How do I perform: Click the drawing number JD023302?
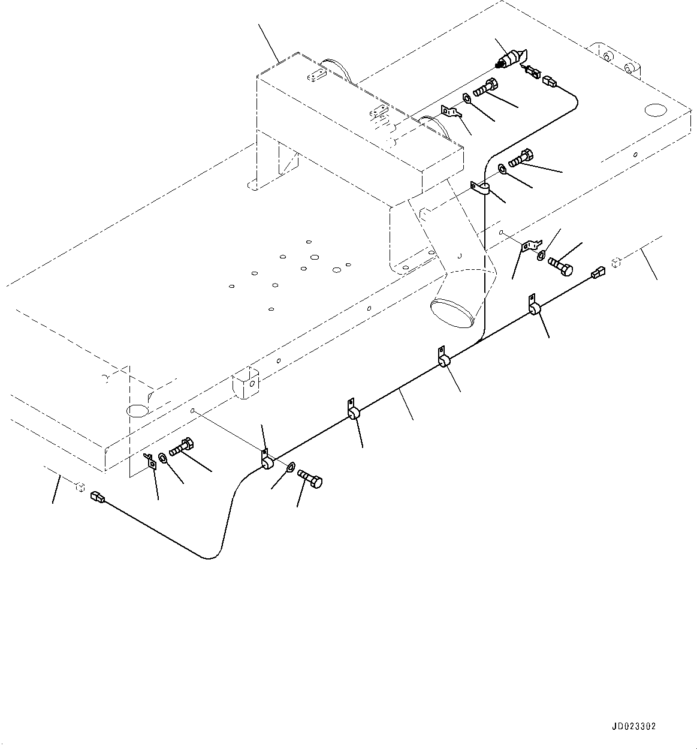tap(633, 726)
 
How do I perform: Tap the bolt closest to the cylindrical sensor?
tap(485, 88)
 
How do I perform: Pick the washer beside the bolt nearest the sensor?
tap(467, 98)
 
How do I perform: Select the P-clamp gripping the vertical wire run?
tap(481, 189)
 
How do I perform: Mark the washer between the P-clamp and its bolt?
tap(502, 169)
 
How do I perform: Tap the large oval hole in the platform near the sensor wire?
tap(653, 110)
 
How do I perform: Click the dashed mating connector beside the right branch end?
tap(617, 261)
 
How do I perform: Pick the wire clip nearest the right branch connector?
tap(533, 307)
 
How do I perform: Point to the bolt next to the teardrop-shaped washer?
tap(310, 480)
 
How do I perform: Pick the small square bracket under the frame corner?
tap(150, 461)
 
